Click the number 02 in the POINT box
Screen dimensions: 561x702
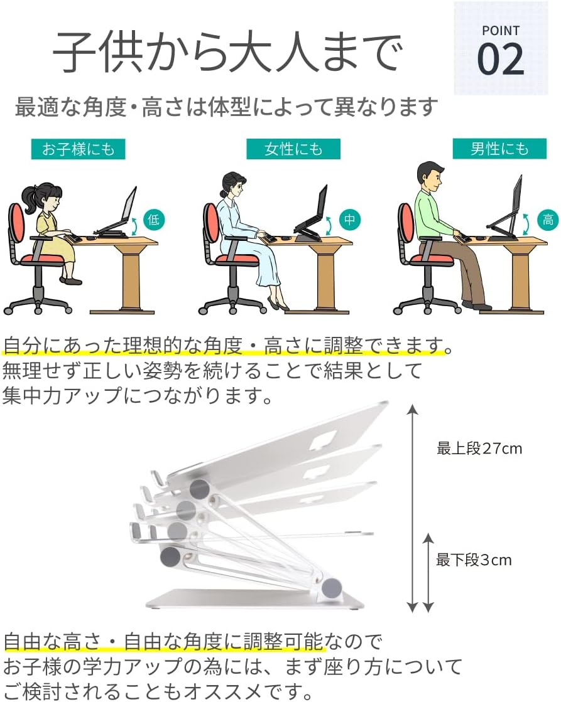coord(501,59)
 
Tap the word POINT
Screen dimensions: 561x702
coord(501,31)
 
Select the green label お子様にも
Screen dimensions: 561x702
coord(78,149)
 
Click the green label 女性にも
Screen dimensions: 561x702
coord(293,149)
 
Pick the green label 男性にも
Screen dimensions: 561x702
coord(499,149)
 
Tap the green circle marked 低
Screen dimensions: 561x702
coord(154,220)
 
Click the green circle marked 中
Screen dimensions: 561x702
coord(349,220)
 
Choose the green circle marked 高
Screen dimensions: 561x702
coord(548,220)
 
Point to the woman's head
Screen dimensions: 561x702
coord(233,184)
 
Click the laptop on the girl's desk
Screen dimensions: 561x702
coord(117,213)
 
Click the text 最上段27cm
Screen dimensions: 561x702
coord(479,448)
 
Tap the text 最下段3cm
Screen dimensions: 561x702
coord(474,560)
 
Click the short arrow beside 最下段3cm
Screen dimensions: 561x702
coord(428,573)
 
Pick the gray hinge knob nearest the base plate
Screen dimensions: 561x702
coord(332,587)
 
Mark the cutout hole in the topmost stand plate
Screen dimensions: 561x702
coord(324,440)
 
